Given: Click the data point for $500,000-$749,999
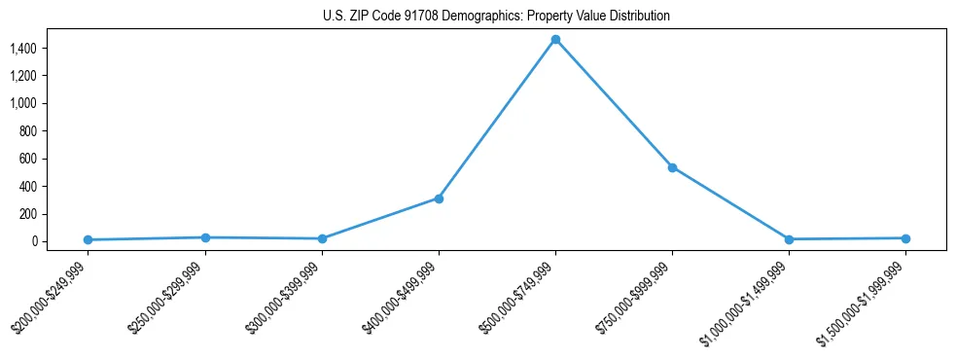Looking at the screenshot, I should (x=555, y=40).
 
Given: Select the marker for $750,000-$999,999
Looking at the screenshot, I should (x=672, y=167).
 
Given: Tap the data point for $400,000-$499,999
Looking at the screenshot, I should (x=439, y=198).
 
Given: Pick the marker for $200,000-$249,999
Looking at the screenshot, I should (x=89, y=239).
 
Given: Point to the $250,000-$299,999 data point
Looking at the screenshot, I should (x=205, y=237).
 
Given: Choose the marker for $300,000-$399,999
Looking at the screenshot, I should (x=322, y=238).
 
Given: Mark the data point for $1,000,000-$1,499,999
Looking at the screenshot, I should (x=789, y=239).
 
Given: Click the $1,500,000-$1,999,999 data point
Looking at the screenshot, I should (x=905, y=238).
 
